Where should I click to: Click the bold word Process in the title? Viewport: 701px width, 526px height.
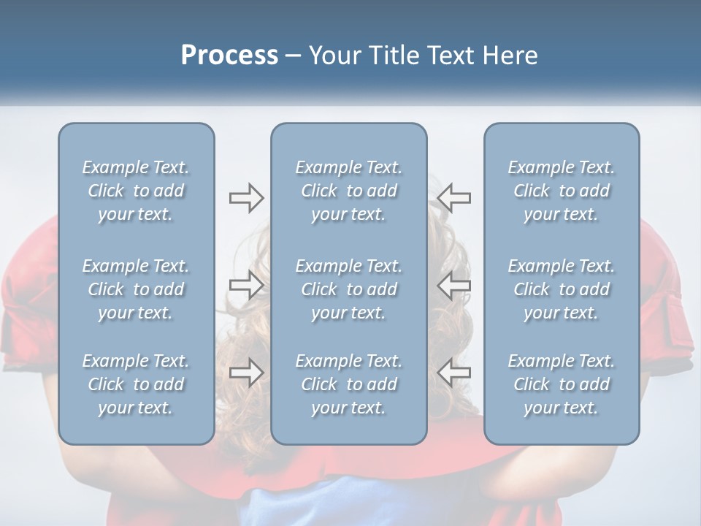(229, 56)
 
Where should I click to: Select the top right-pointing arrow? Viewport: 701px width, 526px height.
(246, 198)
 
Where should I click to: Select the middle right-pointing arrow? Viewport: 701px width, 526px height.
(246, 285)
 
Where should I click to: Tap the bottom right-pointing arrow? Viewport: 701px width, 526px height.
(246, 372)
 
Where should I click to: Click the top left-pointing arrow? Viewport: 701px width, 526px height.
(454, 198)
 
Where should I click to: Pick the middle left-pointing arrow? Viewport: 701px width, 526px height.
(454, 285)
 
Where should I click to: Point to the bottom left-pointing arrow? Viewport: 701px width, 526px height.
(454, 372)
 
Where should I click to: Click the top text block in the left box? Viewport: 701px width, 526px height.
(136, 191)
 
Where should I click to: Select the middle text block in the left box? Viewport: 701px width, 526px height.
(136, 289)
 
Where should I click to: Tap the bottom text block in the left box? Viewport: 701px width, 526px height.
(136, 384)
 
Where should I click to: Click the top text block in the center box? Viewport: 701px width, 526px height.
(348, 191)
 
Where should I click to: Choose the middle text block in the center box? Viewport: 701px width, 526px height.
(348, 289)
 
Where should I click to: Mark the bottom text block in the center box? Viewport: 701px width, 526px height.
(348, 384)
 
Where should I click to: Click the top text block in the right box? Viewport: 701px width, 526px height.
(561, 191)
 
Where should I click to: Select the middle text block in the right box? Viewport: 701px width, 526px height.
(561, 289)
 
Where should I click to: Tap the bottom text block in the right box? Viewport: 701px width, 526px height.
(561, 384)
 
